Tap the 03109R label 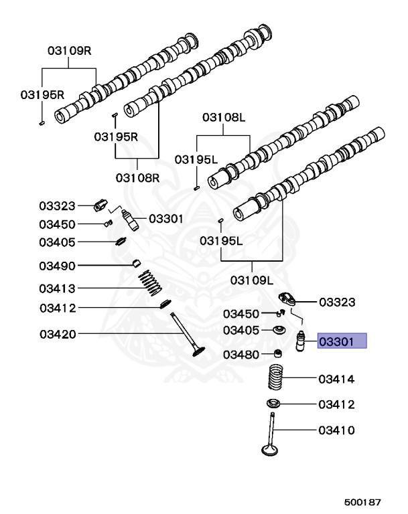(69, 50)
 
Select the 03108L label (224, 117)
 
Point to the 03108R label (137, 178)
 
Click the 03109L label (252, 280)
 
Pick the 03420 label (58, 334)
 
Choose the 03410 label (336, 430)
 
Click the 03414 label (336, 379)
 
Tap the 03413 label (57, 288)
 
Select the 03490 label (57, 266)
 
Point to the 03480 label (241, 355)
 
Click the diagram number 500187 (362, 502)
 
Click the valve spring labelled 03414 (275, 377)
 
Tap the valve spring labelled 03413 (150, 282)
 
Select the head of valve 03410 (270, 449)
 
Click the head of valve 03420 (198, 352)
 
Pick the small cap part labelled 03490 (136, 263)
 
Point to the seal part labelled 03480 (278, 353)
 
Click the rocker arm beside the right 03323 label (287, 299)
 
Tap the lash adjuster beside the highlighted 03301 (300, 341)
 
